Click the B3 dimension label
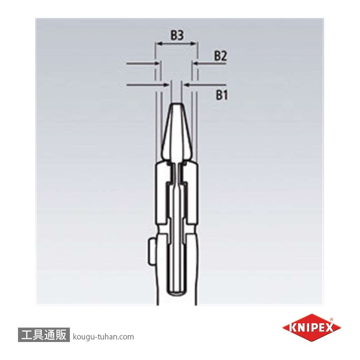(x=177, y=35)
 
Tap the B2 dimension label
(x=220, y=56)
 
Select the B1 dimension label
(x=222, y=95)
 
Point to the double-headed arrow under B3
(x=176, y=44)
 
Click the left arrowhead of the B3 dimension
(x=157, y=44)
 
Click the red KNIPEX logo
(x=311, y=328)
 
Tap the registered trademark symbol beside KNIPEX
(x=332, y=319)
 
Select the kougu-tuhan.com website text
(x=103, y=337)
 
